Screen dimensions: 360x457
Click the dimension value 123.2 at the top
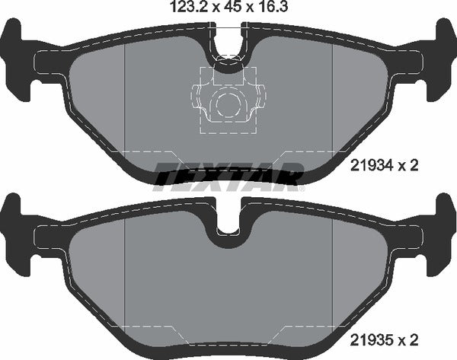182,9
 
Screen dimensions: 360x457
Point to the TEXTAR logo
228,176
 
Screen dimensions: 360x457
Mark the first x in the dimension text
212,10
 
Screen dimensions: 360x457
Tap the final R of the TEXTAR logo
290,176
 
